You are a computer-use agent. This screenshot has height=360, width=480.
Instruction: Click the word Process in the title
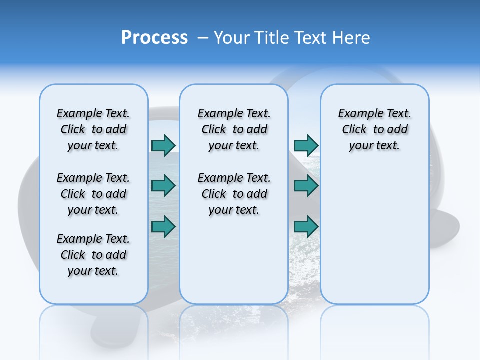click(x=154, y=38)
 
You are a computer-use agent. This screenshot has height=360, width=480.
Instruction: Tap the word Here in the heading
click(x=351, y=38)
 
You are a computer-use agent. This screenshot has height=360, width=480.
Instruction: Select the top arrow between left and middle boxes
click(x=163, y=145)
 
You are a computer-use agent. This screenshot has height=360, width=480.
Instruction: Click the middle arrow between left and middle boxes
click(x=163, y=186)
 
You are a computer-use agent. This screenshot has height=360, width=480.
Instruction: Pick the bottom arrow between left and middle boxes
click(x=163, y=226)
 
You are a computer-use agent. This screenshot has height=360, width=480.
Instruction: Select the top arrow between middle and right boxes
click(x=306, y=145)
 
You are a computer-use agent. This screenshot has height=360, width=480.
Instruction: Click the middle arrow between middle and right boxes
click(x=306, y=186)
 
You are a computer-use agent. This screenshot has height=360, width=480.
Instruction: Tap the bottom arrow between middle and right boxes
click(x=306, y=226)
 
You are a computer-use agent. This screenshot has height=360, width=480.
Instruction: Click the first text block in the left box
click(x=93, y=129)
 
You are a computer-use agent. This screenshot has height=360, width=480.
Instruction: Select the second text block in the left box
click(x=93, y=194)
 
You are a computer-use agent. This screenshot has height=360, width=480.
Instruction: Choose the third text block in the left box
click(x=93, y=255)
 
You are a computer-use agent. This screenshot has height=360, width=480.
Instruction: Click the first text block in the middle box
click(x=234, y=129)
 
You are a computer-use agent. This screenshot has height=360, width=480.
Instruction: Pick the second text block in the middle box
click(x=234, y=194)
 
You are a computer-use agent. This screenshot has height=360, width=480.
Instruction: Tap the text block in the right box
click(x=374, y=129)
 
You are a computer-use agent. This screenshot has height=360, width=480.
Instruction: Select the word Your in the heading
click(x=232, y=38)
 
